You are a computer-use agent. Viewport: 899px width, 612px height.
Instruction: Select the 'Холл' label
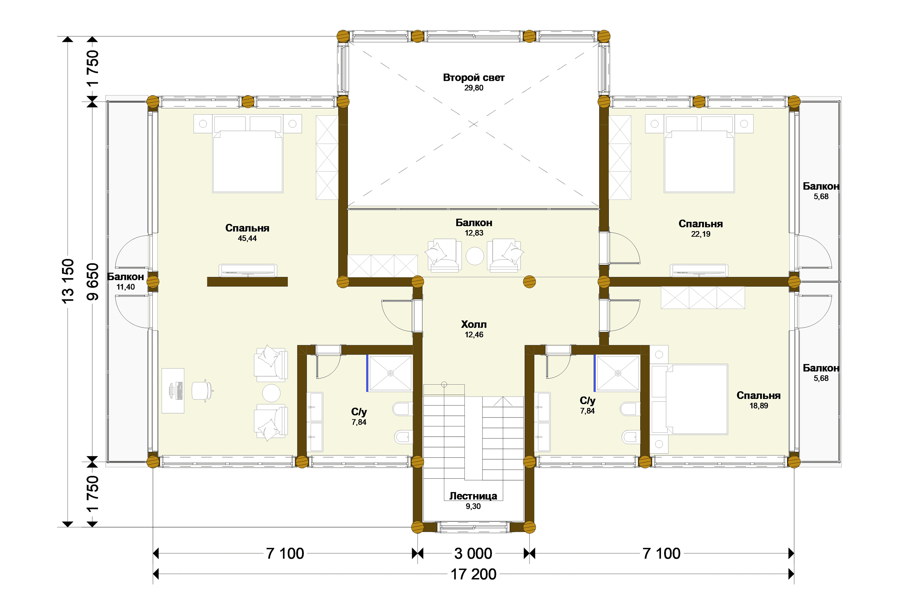click(474, 325)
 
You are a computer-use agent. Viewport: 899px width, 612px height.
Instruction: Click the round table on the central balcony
click(475, 256)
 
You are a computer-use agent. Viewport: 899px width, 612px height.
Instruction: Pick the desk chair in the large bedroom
click(202, 391)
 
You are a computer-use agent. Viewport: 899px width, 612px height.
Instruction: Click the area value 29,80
click(474, 88)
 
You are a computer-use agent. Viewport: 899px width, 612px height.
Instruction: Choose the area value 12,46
click(474, 335)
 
